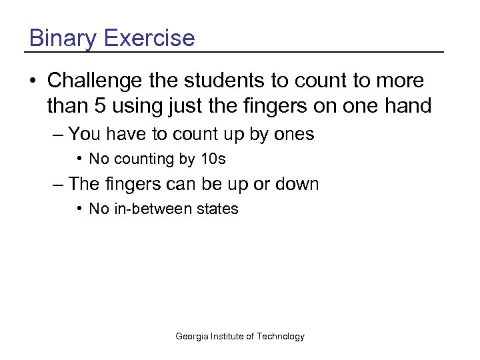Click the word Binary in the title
click(63, 38)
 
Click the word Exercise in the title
click(149, 38)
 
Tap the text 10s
click(213, 159)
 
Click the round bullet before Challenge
click(32, 81)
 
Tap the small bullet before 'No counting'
click(79, 159)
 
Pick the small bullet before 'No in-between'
click(79, 209)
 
